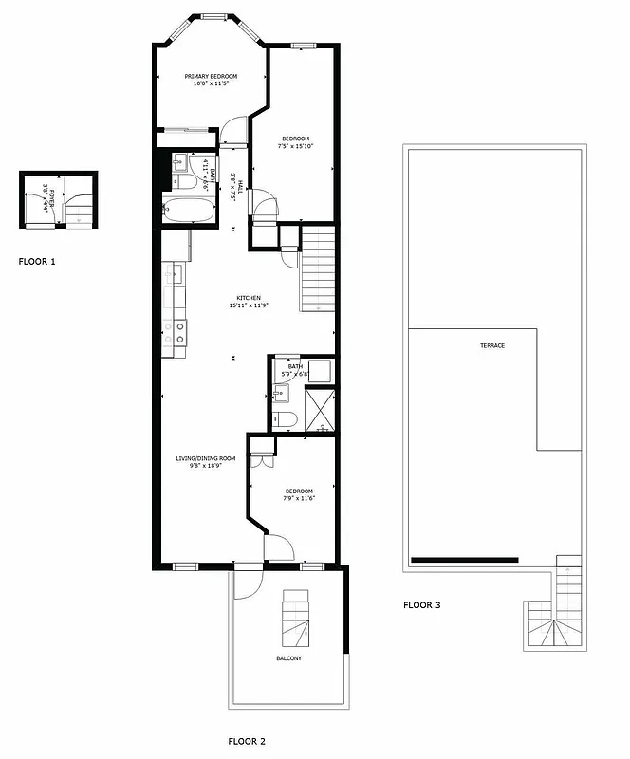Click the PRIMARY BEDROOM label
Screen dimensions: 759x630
[x=211, y=76]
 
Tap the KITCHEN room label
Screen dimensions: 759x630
[x=244, y=298]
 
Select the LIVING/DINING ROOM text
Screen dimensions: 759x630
[x=205, y=458]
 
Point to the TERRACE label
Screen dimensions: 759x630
[x=491, y=345]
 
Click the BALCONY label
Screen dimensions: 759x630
[x=289, y=658]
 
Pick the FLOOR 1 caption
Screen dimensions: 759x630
[x=37, y=260]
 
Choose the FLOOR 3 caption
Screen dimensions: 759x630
[x=421, y=604]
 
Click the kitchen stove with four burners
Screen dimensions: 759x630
[x=176, y=331]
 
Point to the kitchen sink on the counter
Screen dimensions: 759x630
[x=175, y=276]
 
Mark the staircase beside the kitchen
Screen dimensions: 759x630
[x=318, y=270]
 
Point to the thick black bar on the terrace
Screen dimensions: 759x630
[x=465, y=560]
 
